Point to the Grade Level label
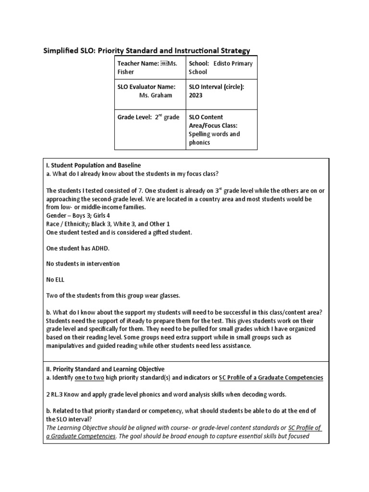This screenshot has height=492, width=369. click(x=135, y=117)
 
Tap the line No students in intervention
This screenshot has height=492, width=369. click(x=83, y=264)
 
